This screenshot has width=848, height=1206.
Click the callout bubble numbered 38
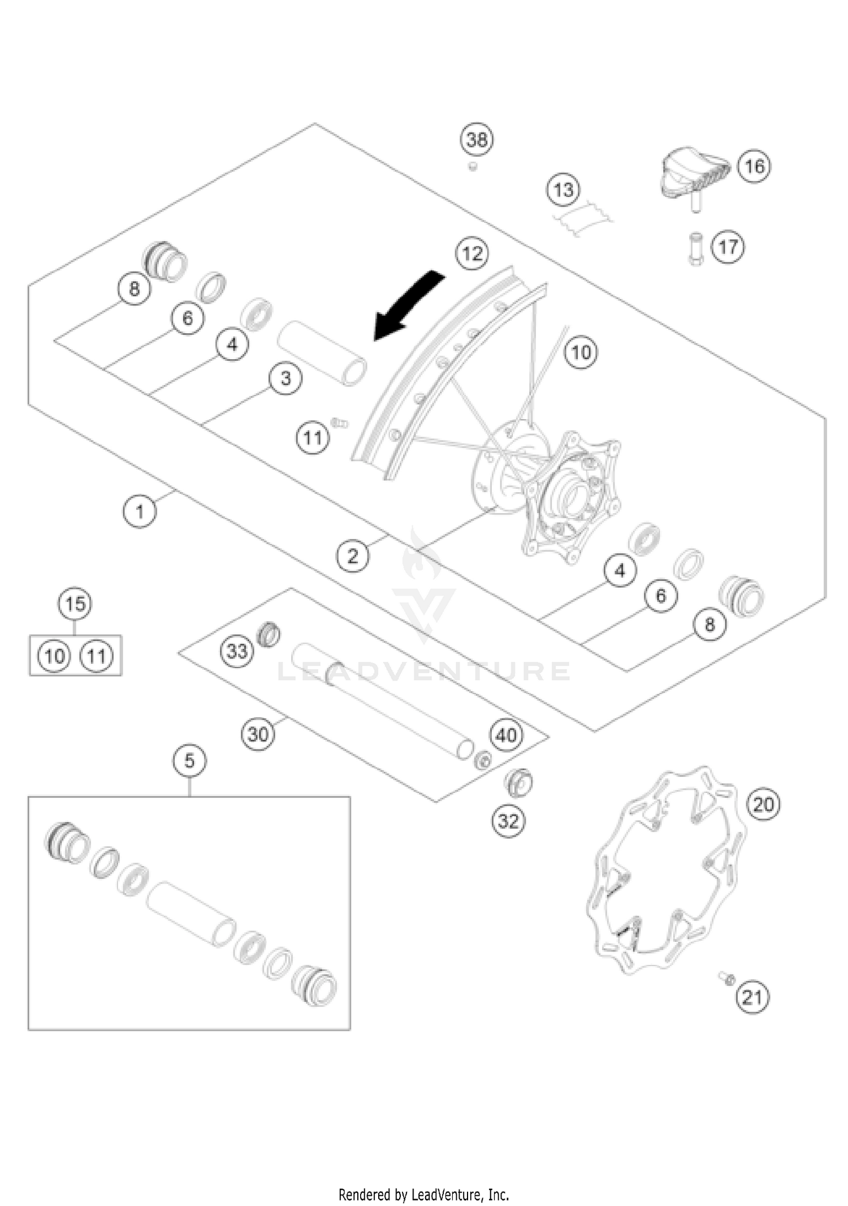click(x=477, y=139)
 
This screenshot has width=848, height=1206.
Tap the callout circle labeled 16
click(x=755, y=166)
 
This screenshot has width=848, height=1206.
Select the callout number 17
click(x=728, y=247)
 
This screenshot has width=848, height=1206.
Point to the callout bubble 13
click(x=564, y=190)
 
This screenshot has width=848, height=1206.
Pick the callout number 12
click(x=473, y=253)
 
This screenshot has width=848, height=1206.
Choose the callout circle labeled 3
click(x=285, y=378)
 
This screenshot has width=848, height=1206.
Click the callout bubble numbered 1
click(x=140, y=511)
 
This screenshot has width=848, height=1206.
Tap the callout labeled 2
click(x=353, y=555)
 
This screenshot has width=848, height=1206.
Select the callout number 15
click(x=75, y=604)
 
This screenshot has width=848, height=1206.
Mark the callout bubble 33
click(x=236, y=651)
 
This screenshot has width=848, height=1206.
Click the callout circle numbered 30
click(x=258, y=734)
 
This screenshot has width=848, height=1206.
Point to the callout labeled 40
click(x=506, y=735)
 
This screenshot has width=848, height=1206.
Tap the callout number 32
click(x=508, y=821)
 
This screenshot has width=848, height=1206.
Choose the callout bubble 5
click(x=189, y=760)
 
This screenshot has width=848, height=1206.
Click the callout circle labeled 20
click(x=763, y=804)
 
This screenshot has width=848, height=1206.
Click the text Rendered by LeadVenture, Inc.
click(x=423, y=1179)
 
